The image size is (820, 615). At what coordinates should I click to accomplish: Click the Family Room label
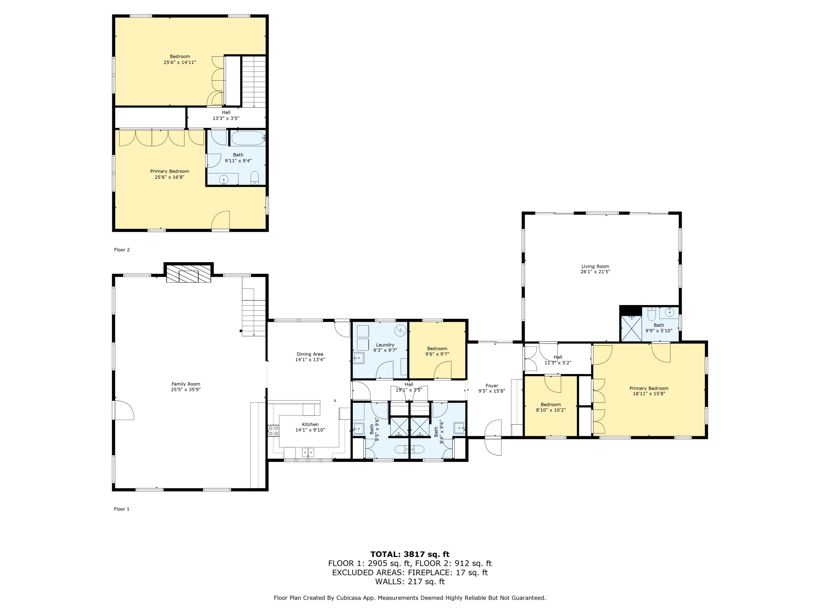coord(186,384)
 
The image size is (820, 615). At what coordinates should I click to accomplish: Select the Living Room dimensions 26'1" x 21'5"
coord(595,272)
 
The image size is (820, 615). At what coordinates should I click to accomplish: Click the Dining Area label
coord(310,354)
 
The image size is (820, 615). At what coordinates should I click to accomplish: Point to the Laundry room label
coord(385,345)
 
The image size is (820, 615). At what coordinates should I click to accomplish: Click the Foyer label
coord(492,385)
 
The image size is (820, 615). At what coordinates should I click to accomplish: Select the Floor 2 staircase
coord(254,81)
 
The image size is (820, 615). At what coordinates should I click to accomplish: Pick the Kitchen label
coord(310,424)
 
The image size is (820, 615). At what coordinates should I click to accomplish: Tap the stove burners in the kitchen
coord(274,431)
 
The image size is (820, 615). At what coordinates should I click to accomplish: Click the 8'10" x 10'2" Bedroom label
coord(551,408)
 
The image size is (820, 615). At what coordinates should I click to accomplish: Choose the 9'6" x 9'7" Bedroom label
coord(437,351)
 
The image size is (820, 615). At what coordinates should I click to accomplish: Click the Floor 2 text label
coord(122,250)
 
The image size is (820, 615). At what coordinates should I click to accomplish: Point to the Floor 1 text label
coord(122,509)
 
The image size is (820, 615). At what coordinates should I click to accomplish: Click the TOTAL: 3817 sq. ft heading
coord(410,554)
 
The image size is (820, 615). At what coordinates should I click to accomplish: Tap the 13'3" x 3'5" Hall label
coord(226,115)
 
